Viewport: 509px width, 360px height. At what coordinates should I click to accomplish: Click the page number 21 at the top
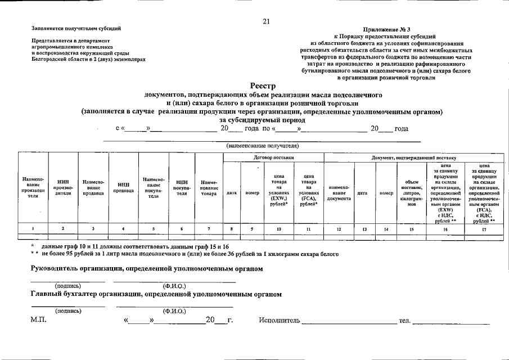pyautogui.click(x=266, y=22)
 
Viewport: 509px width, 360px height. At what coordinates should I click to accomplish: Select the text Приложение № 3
pyautogui.click(x=387, y=29)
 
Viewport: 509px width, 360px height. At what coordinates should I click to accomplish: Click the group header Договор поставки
pyautogui.click(x=273, y=157)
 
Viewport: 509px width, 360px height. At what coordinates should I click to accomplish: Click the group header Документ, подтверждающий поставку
pyautogui.click(x=414, y=157)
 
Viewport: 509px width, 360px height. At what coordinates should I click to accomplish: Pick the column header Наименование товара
pyautogui.click(x=209, y=187)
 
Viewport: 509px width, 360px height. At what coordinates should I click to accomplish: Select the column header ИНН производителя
pyautogui.click(x=62, y=187)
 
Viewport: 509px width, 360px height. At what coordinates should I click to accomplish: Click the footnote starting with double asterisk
pyautogui.click(x=185, y=254)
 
